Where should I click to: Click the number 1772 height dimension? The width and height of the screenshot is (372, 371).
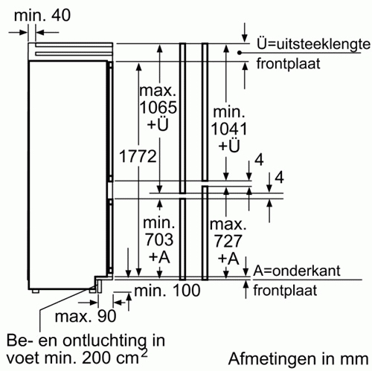pos(138,156)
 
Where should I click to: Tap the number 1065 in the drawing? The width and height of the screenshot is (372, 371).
pos(158,107)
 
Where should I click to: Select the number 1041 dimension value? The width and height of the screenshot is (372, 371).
pos(229,129)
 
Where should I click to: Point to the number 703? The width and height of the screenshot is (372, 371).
pos(159,239)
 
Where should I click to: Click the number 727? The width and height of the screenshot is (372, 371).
pos(228,241)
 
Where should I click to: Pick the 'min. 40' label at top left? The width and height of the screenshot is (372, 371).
pos(42,15)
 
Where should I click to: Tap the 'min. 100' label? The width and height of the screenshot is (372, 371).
pos(167,290)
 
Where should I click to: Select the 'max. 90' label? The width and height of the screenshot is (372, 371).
pos(86,316)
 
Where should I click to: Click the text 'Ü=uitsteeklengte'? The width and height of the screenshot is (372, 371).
pos(313,44)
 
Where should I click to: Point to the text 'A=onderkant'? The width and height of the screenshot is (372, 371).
pos(297,271)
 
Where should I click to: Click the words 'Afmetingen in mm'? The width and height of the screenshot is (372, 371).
pos(298,359)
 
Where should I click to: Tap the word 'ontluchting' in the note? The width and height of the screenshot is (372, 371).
pos(104,341)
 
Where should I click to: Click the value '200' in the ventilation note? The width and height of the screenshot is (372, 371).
pos(96,358)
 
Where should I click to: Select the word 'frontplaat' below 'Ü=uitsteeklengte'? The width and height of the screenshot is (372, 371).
pos(289,64)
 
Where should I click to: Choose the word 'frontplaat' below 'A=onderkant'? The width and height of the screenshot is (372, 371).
pos(285,291)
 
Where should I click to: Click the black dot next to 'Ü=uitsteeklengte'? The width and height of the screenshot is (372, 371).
pos(240,53)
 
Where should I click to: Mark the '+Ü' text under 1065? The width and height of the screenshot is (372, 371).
pos(158,124)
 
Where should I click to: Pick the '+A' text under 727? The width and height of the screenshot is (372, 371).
pos(228,259)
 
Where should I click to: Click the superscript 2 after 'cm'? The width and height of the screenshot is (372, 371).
pos(144,352)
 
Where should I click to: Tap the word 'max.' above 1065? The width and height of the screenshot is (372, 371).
pos(158,91)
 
